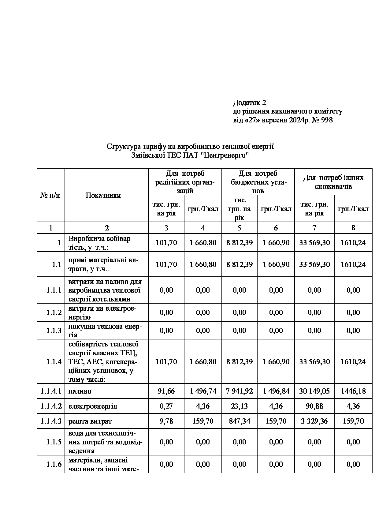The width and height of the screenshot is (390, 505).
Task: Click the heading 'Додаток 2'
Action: click(250, 102)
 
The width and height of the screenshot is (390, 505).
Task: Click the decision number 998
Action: click(327, 120)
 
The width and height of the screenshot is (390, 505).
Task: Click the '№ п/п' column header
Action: click(50, 196)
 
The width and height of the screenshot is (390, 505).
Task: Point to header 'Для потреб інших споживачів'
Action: click(333, 182)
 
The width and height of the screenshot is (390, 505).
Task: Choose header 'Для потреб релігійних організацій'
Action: click(185, 182)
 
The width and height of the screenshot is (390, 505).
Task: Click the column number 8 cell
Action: click(353, 228)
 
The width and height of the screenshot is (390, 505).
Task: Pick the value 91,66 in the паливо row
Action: click(166, 391)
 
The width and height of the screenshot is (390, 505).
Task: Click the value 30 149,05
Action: click(314, 391)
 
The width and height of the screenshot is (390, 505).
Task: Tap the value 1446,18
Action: click(353, 391)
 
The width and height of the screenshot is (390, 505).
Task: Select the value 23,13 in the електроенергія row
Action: click(239, 406)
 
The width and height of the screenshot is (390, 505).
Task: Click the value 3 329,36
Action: click(314, 421)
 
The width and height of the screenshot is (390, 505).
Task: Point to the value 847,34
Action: click(239, 421)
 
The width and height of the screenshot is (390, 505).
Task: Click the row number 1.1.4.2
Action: click(51, 406)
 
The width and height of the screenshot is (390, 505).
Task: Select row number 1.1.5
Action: click(54, 442)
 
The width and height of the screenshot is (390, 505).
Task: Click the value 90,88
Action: click(314, 406)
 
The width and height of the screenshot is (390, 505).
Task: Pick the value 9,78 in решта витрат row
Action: click(166, 421)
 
